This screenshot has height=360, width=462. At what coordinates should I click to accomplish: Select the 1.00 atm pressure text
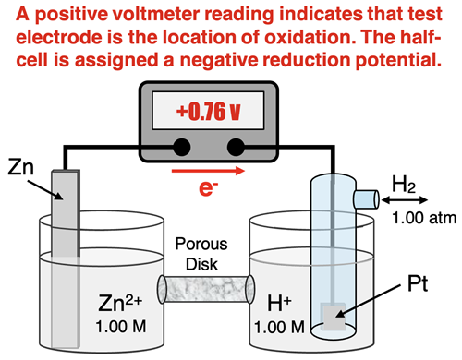point(417,218)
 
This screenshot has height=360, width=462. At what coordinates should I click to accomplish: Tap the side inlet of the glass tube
point(367,198)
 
